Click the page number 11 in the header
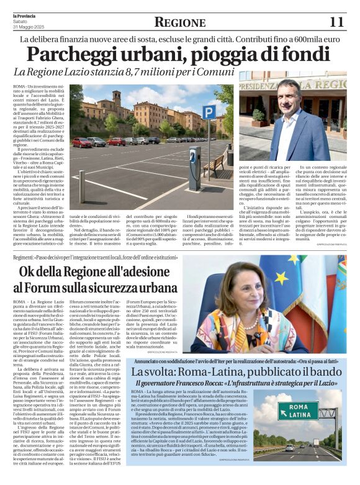pos(336,22)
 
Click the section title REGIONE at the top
pos(179,23)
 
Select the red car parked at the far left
pos(81,142)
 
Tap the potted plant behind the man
pos(258,116)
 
